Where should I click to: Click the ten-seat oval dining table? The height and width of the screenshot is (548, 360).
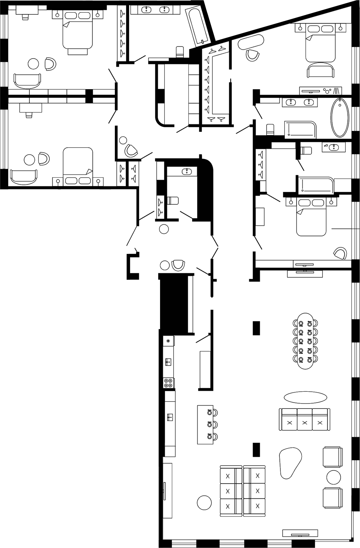pos(305,341)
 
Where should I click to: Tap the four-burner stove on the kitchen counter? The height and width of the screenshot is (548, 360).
pos(169,383)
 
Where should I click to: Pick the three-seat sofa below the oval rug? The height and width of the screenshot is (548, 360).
pos(304,419)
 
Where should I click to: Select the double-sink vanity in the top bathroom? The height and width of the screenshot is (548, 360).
pos(155,10)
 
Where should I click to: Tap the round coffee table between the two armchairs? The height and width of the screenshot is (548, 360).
pos(334,477)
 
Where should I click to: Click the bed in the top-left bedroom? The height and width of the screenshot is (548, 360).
pos(78,32)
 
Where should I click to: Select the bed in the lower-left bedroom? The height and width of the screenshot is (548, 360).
pos(78,163)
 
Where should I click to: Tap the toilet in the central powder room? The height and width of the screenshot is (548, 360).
pos(173,201)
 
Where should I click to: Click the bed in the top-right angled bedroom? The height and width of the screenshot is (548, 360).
pos(320,44)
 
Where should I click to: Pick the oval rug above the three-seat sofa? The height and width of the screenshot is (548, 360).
pos(305,397)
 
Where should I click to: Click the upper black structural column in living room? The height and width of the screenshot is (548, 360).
pos(257,328)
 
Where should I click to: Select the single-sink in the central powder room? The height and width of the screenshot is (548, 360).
pos(187,172)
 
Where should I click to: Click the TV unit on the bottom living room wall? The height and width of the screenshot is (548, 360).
pos(300,533)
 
